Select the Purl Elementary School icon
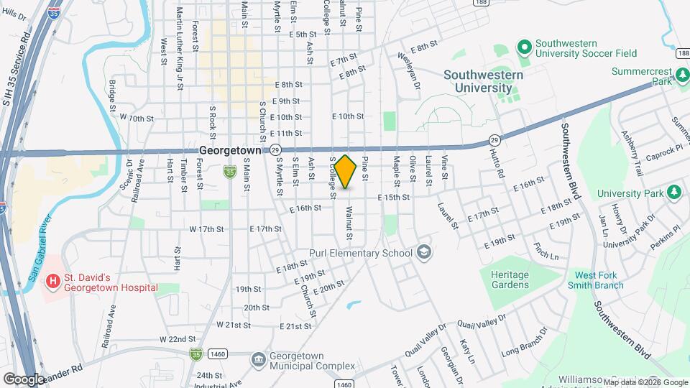(x=424, y=252)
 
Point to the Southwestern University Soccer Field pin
(x=524, y=47)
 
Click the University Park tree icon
(x=674, y=192)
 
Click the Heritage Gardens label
(x=510, y=280)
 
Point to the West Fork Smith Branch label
(x=599, y=280)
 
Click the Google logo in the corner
(x=23, y=379)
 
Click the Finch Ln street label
(x=546, y=251)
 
